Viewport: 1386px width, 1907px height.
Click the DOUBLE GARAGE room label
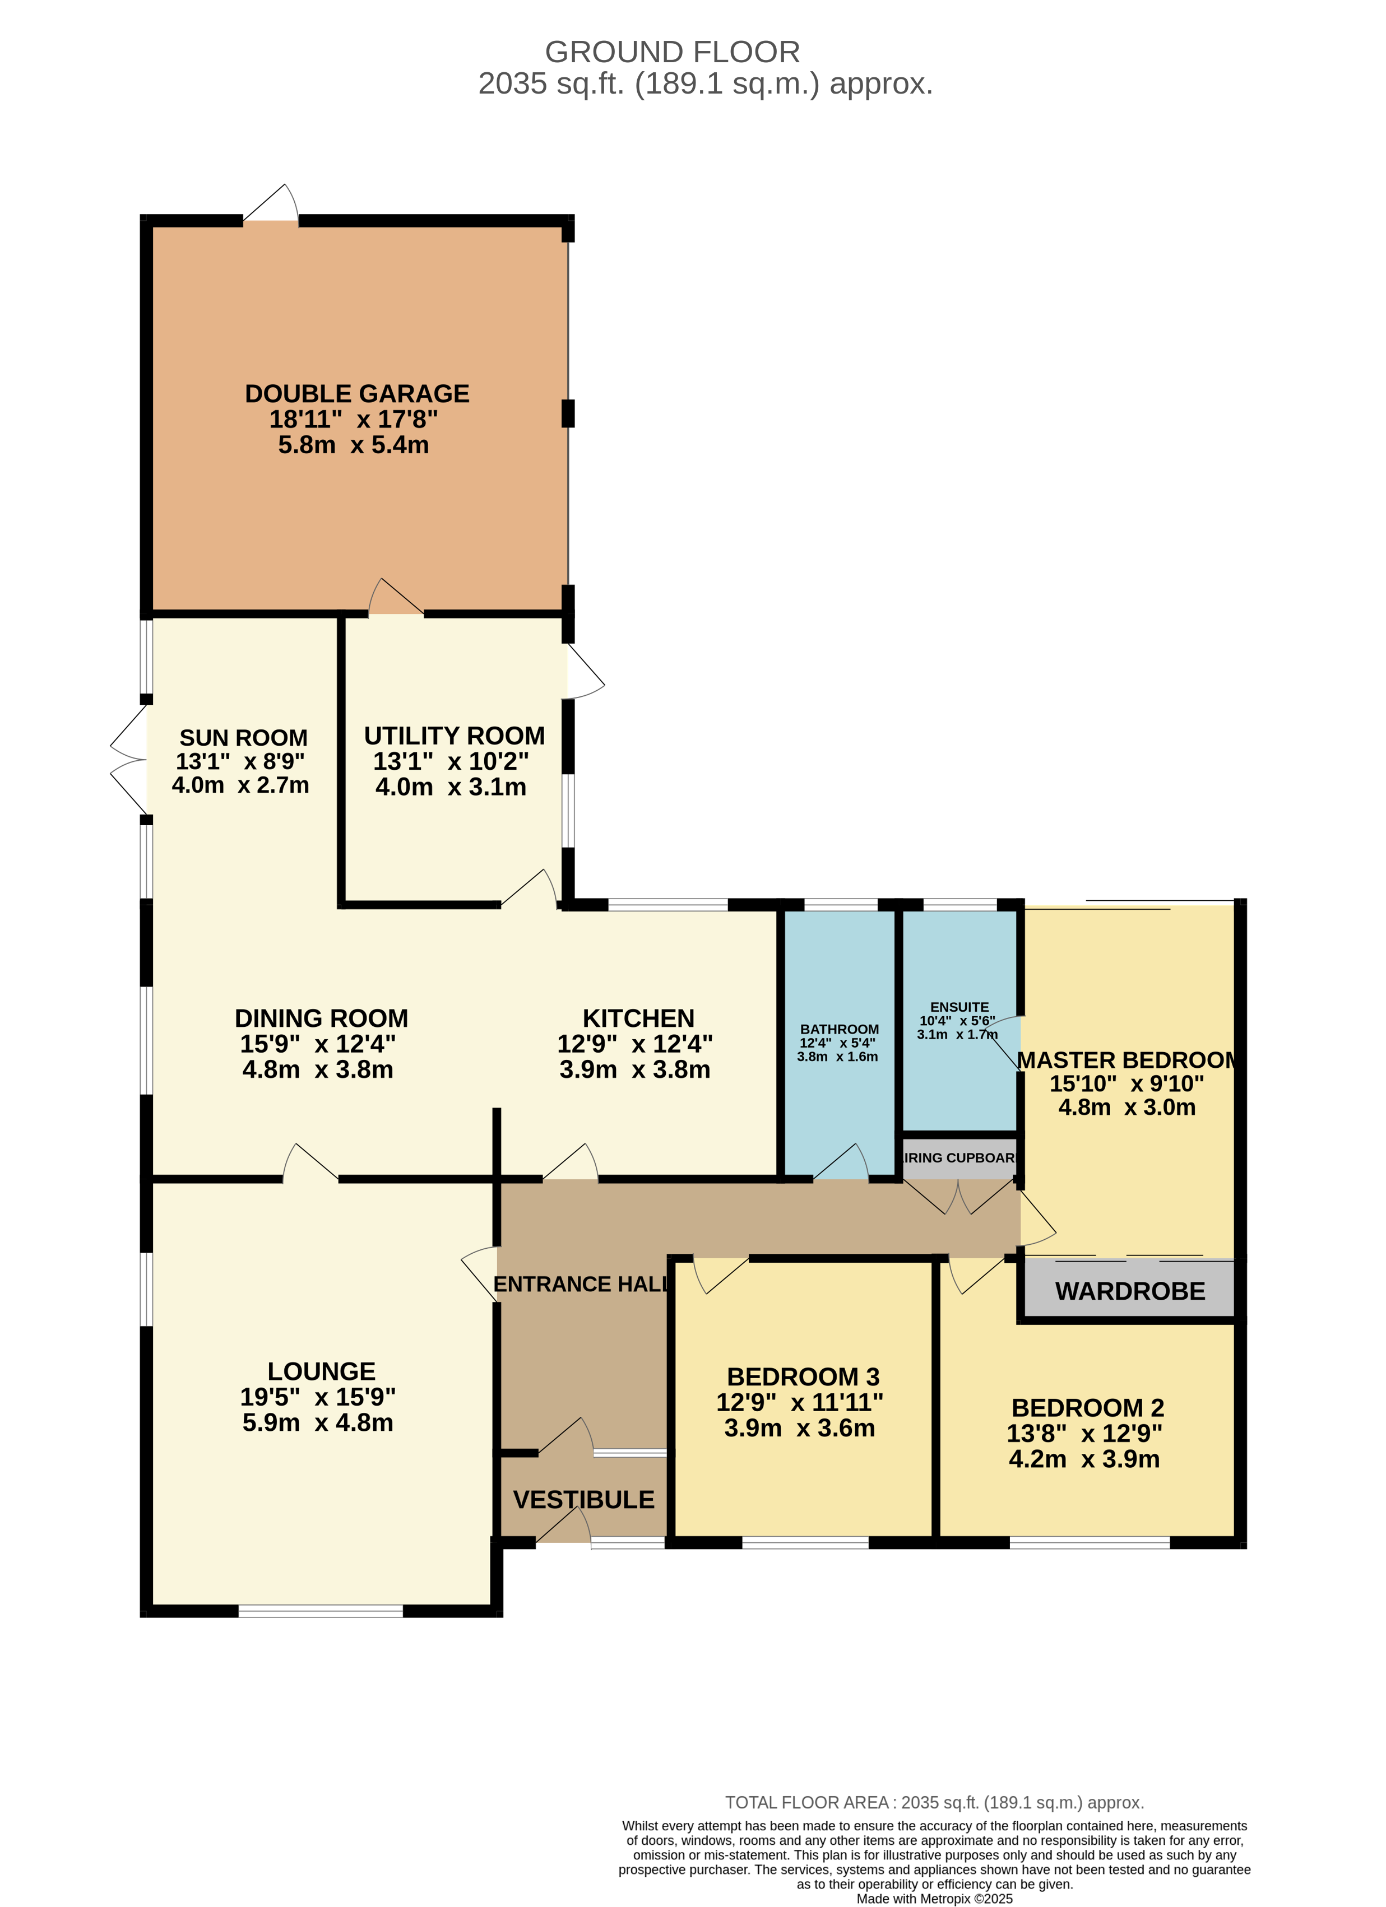point(358,393)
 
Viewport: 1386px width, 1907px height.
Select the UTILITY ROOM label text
point(454,736)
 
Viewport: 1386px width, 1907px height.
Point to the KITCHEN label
point(638,1018)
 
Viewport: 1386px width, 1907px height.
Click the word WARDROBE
point(1130,1291)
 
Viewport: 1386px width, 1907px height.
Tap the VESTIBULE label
point(583,1499)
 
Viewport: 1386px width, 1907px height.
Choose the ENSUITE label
point(959,1007)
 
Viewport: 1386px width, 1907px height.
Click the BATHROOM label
point(840,1029)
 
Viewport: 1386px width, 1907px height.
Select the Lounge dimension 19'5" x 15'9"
point(318,1397)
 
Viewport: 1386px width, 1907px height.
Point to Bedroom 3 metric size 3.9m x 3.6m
point(800,1427)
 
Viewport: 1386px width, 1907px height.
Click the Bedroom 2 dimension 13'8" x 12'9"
point(1085,1433)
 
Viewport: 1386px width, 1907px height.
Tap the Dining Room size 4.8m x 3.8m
point(318,1069)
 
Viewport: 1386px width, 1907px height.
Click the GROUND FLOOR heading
point(673,52)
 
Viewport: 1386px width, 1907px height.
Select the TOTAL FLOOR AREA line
point(934,1803)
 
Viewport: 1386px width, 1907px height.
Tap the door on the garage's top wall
point(271,205)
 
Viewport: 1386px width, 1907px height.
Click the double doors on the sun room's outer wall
point(129,759)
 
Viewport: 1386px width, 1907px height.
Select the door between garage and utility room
point(396,598)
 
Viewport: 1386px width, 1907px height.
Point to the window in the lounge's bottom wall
point(321,1611)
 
